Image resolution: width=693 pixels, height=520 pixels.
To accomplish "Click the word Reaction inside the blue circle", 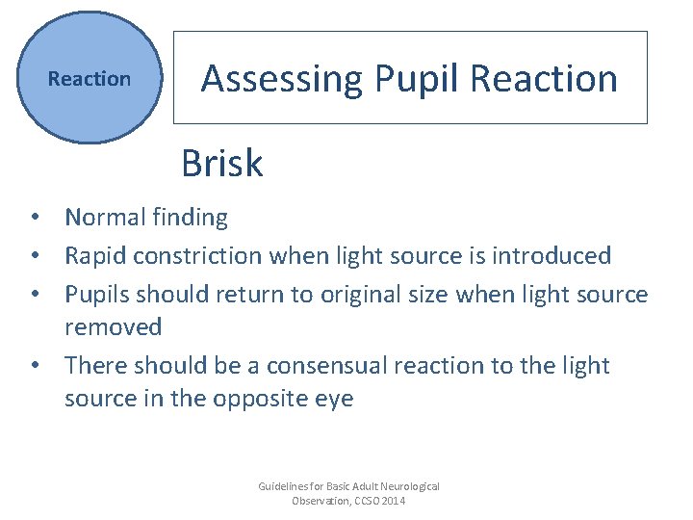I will click(x=90, y=79).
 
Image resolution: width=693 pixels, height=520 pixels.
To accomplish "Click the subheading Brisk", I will click(x=221, y=164).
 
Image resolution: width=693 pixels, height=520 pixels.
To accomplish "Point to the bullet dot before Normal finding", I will click(x=33, y=219).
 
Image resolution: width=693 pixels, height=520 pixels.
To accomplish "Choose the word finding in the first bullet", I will click(x=190, y=218).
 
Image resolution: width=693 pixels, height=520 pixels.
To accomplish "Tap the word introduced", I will click(x=551, y=255).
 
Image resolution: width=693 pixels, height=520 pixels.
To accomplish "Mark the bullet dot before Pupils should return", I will click(x=33, y=294).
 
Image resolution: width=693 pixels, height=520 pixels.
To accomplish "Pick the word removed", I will click(x=113, y=327).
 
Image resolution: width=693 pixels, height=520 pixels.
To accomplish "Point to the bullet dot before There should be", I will click(x=33, y=366).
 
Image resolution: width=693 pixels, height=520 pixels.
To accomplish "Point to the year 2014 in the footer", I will click(x=392, y=501).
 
